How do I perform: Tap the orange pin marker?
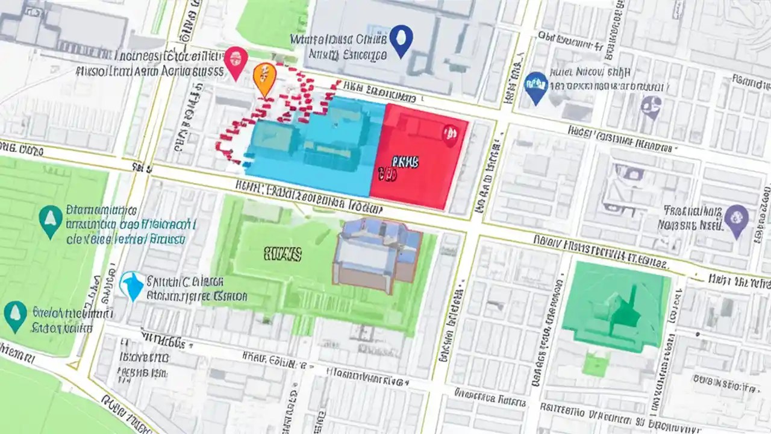[x=264, y=78]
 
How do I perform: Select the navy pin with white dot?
[x=401, y=39]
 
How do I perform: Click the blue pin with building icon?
[x=535, y=86]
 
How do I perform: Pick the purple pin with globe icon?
[x=736, y=218]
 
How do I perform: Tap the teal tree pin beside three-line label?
[x=50, y=221]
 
